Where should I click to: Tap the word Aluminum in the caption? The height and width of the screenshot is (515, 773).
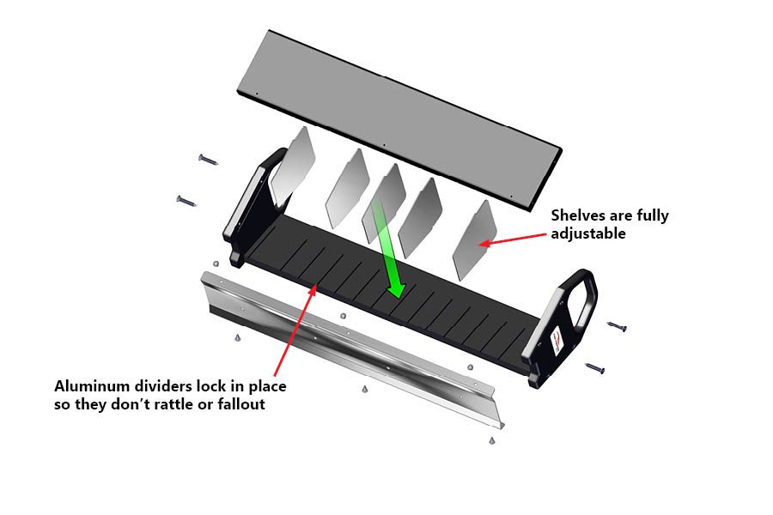[90, 386]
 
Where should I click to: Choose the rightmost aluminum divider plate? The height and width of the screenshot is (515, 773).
[474, 239]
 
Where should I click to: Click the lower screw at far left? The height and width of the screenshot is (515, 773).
[186, 200]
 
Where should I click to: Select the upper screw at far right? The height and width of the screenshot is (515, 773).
[617, 326]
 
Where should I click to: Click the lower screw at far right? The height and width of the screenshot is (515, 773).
[594, 368]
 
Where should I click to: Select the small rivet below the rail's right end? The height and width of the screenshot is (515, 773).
[491, 440]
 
